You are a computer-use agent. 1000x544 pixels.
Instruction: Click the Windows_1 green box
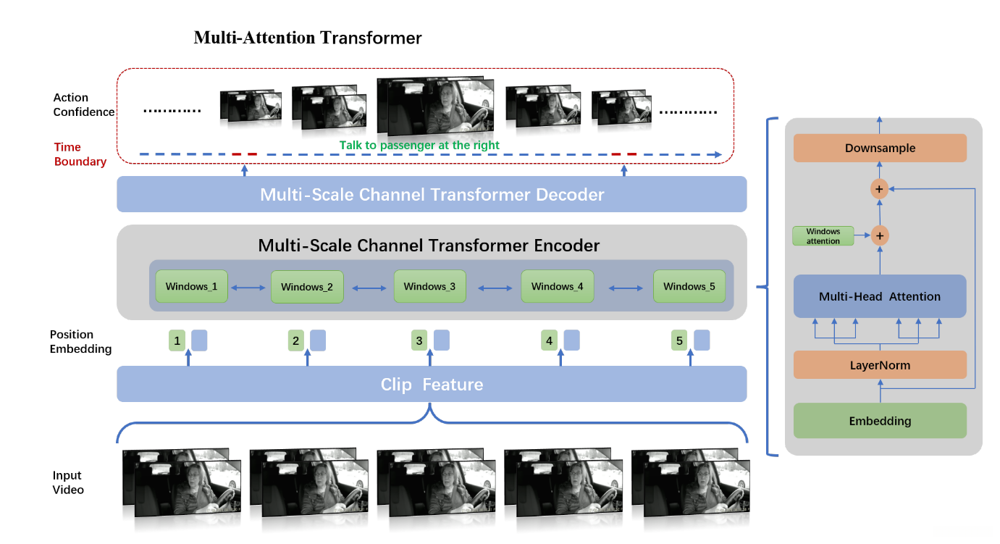click(x=191, y=286)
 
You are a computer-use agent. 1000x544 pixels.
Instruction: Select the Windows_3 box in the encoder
click(x=430, y=286)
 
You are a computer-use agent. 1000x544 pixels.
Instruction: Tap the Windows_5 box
click(x=689, y=286)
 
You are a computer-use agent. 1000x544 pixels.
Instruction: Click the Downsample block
click(x=880, y=148)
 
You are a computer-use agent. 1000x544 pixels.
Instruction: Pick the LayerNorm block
click(x=880, y=365)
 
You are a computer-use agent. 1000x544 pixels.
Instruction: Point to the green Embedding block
click(x=880, y=421)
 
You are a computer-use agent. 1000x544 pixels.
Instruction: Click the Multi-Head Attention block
click(x=880, y=296)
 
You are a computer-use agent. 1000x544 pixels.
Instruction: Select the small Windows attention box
click(x=823, y=236)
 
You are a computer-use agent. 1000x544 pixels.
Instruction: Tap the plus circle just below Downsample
click(x=879, y=189)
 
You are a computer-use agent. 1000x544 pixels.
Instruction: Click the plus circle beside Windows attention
click(x=880, y=236)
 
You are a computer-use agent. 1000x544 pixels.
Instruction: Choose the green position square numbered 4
click(x=549, y=340)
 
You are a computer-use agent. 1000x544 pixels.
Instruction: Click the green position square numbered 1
click(x=177, y=340)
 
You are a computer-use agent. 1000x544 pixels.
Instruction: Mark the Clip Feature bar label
click(x=432, y=385)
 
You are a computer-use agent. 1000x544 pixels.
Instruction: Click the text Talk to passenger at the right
click(x=419, y=145)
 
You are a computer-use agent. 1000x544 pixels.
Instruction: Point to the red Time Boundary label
click(x=80, y=154)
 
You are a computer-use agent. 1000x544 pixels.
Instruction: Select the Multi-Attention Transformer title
click(x=308, y=38)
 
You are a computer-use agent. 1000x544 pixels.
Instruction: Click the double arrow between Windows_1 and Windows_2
click(x=248, y=288)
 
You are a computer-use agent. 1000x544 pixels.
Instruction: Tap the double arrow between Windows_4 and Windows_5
click(x=626, y=288)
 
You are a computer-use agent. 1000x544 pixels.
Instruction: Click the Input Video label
click(x=68, y=482)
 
